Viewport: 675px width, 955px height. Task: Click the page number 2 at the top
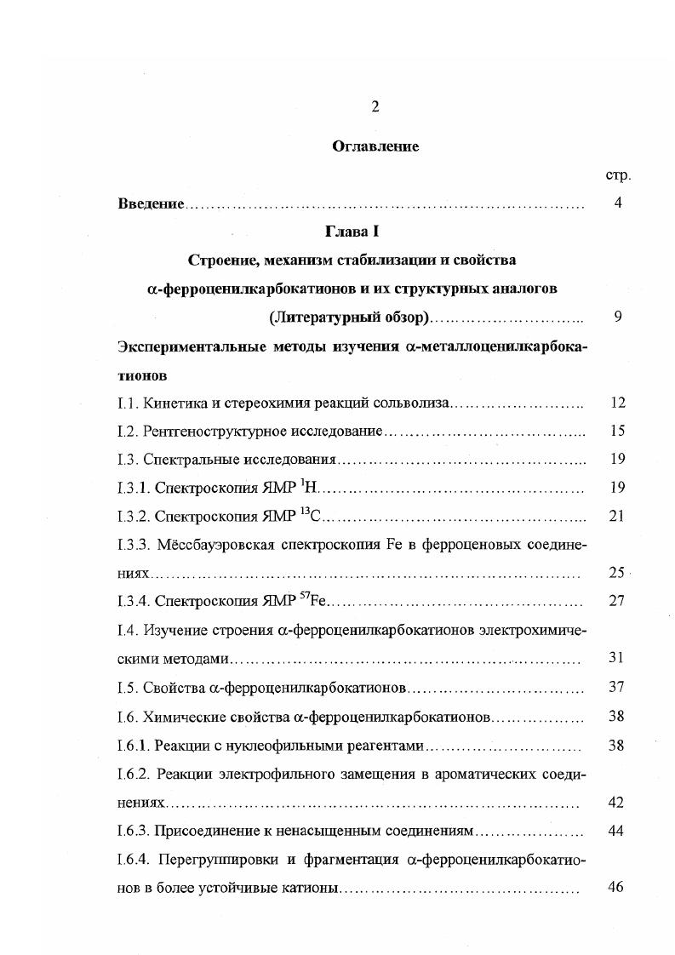[x=375, y=106]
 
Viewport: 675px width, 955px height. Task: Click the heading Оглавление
[x=375, y=146]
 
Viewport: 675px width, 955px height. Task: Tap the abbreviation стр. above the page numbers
[x=617, y=175]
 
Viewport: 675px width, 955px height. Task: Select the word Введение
[x=151, y=204]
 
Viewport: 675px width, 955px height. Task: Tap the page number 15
[x=617, y=432]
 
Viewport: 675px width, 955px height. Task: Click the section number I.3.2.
[x=134, y=517]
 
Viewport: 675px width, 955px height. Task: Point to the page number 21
[x=617, y=517]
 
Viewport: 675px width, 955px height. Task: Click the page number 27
[x=617, y=602]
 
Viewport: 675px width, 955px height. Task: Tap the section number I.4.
[x=127, y=631]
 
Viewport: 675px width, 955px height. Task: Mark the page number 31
[x=617, y=659]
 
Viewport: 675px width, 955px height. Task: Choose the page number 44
[x=617, y=830]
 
